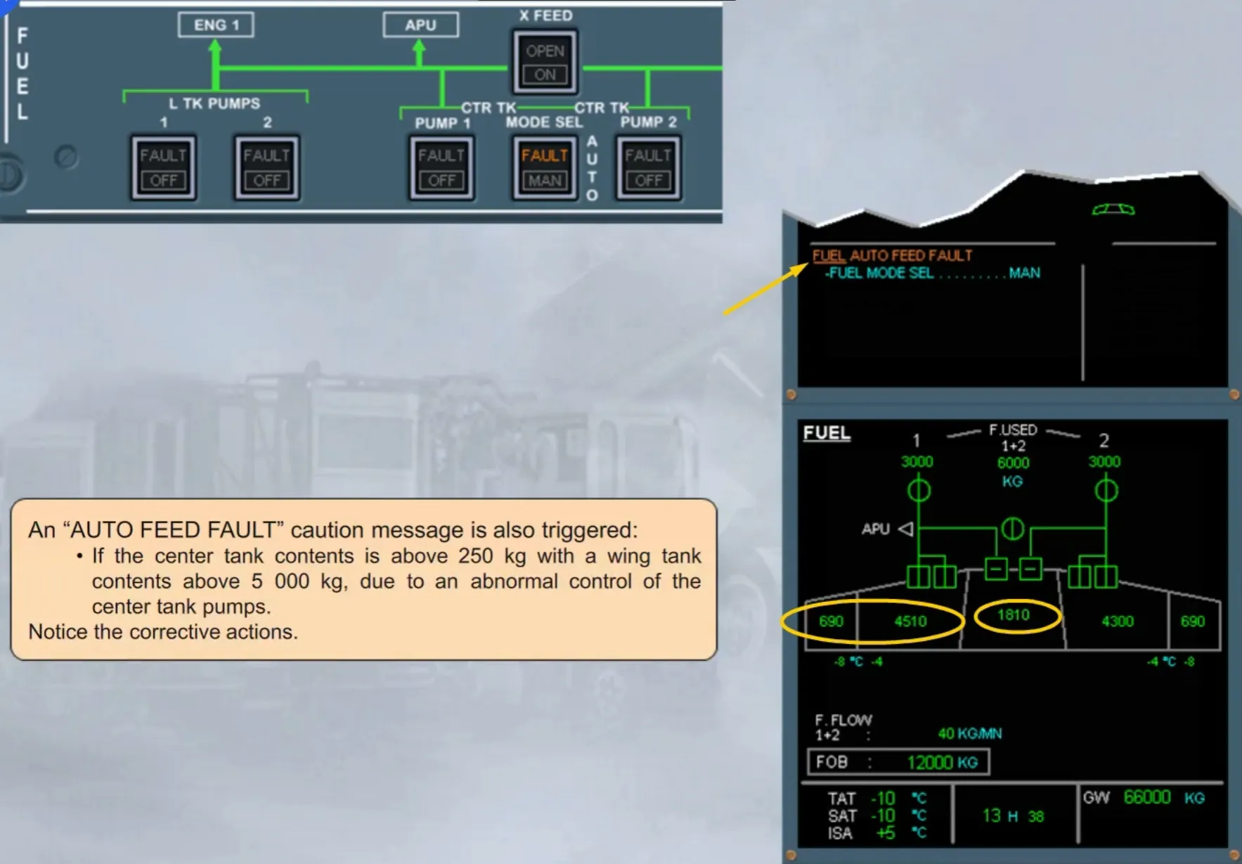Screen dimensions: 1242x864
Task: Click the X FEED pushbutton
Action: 545,62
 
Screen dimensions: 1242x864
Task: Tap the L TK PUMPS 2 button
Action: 267,168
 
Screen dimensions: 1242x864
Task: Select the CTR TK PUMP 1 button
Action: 441,168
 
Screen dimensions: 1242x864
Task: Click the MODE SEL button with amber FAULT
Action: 545,168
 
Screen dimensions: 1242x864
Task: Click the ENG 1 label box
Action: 216,25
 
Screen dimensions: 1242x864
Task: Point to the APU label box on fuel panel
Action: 420,25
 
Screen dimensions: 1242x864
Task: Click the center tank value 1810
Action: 1014,615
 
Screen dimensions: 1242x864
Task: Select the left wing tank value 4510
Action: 910,621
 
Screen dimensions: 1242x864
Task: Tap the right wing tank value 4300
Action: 1118,621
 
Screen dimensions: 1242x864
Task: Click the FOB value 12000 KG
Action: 942,763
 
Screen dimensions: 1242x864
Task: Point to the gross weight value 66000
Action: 1147,797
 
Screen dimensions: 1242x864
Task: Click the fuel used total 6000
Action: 1013,463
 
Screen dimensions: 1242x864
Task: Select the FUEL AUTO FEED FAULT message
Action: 892,255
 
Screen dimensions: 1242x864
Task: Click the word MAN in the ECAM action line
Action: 1025,273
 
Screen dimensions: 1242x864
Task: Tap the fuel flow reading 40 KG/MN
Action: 970,734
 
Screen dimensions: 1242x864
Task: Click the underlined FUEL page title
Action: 827,433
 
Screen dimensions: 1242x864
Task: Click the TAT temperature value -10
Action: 883,799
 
